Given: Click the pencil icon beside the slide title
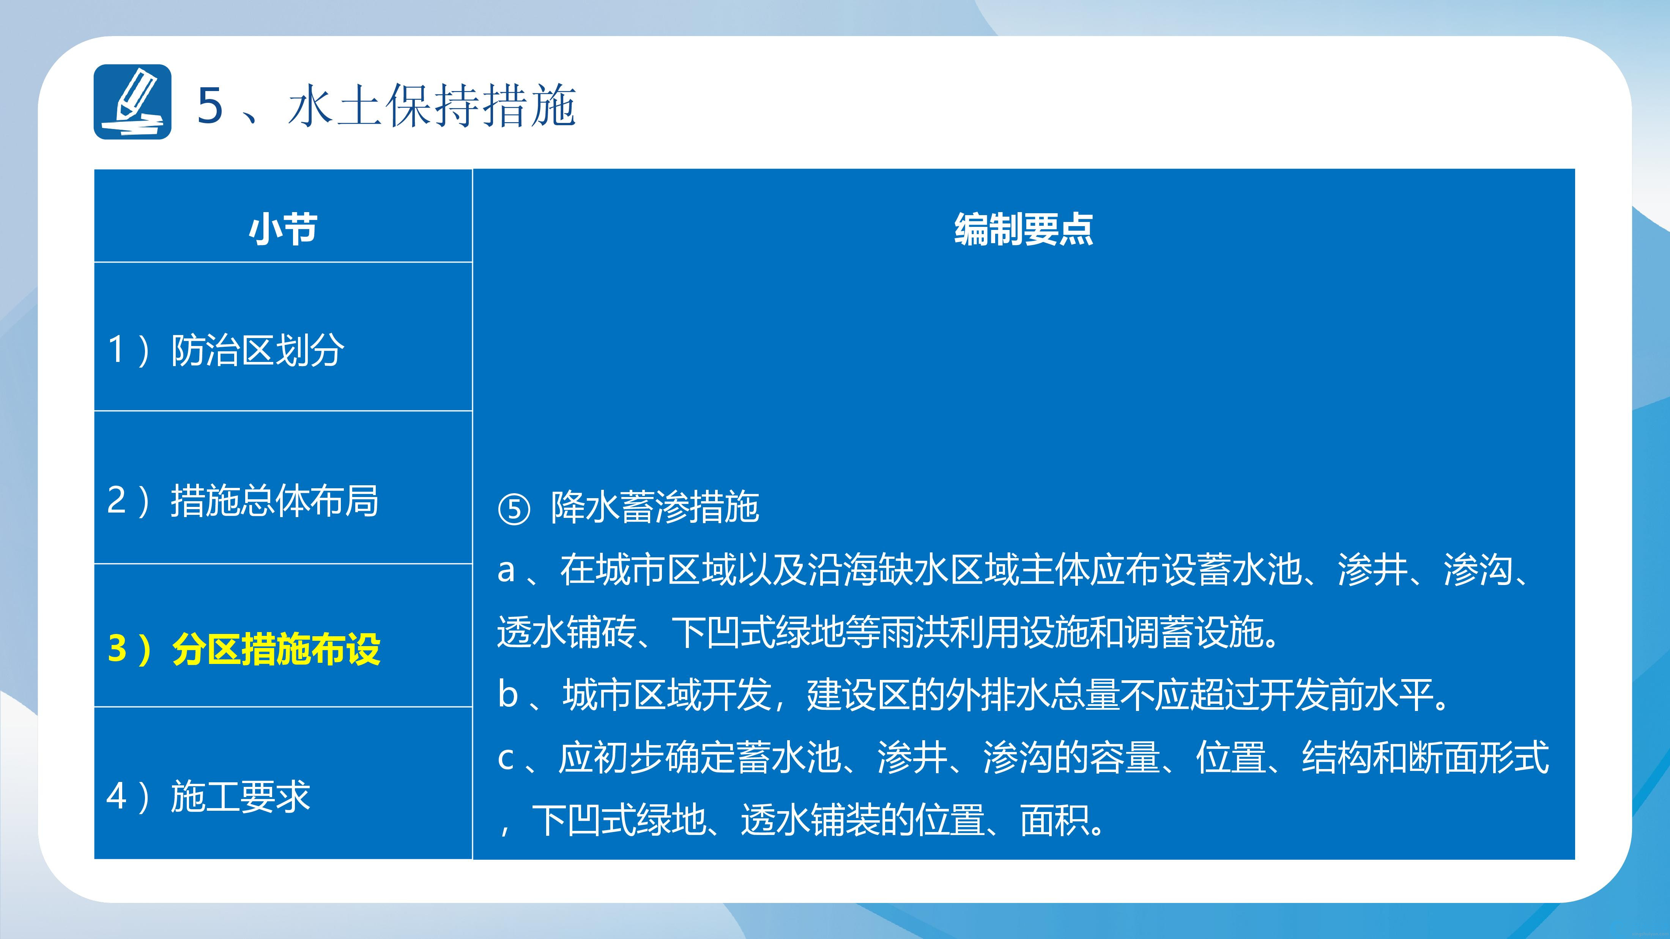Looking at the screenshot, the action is pyautogui.click(x=133, y=102).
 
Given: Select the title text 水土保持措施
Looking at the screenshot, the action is pyautogui.click(x=432, y=105).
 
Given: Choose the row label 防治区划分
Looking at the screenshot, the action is pyautogui.click(x=257, y=351).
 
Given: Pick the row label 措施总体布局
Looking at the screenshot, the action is pyautogui.click(x=275, y=500).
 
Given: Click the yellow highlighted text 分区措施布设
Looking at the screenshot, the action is pyautogui.click(x=276, y=649).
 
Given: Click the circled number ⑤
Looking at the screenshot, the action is pyautogui.click(x=514, y=510).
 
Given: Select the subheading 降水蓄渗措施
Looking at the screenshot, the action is pyautogui.click(x=655, y=507).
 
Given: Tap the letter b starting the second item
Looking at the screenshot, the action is pyautogui.click(x=507, y=694).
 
